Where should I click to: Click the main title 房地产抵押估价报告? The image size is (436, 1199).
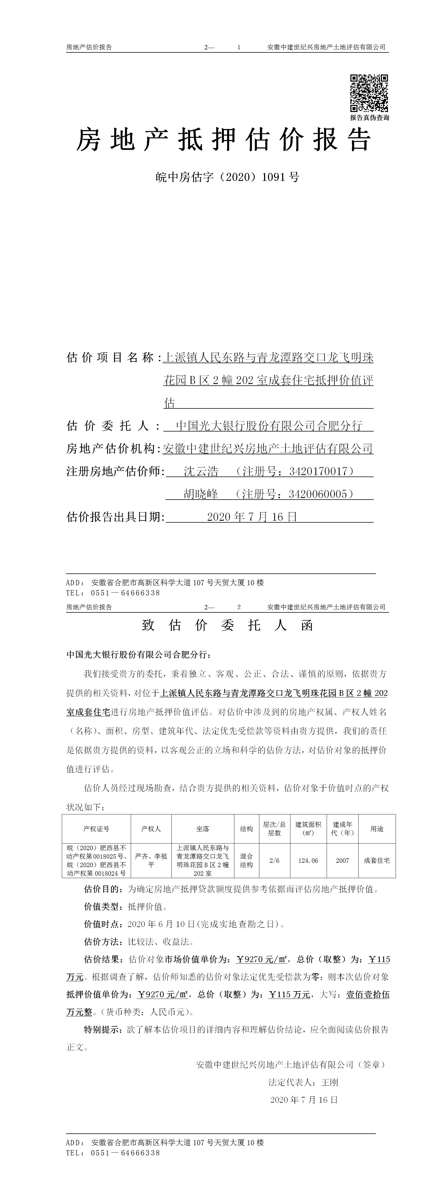[x=224, y=140]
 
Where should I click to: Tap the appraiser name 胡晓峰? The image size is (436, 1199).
[x=201, y=494]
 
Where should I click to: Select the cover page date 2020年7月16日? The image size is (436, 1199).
[x=252, y=517]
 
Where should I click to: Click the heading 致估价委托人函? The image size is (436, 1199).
[x=227, y=625]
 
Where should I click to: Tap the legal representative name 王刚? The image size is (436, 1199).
[x=330, y=1082]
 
